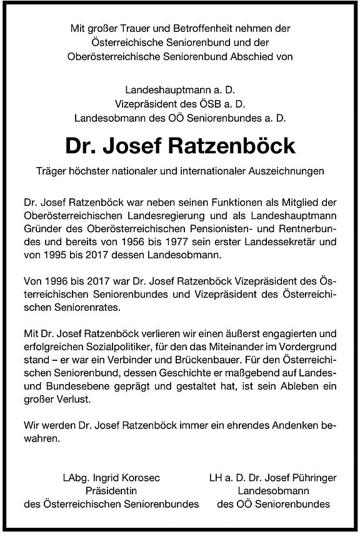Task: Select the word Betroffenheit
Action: (197, 28)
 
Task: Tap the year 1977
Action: (212, 243)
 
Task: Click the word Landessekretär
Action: (288, 243)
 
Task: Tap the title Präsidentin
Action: (111, 491)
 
